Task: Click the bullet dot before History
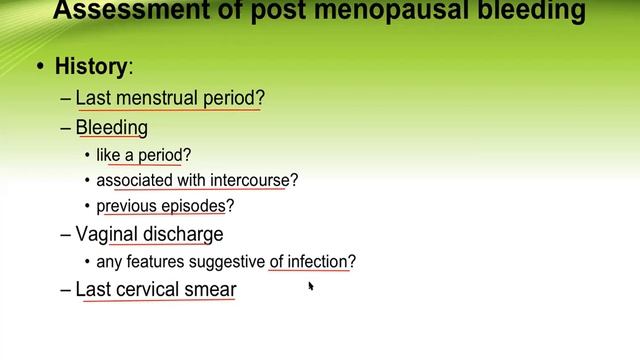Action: [x=40, y=68]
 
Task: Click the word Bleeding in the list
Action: [x=112, y=127]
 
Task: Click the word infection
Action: [x=318, y=262]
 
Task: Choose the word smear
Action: [x=212, y=290]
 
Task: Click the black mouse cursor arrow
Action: [x=311, y=287]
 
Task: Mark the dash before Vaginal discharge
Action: [x=66, y=234]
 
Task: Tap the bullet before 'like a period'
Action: [x=88, y=155]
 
